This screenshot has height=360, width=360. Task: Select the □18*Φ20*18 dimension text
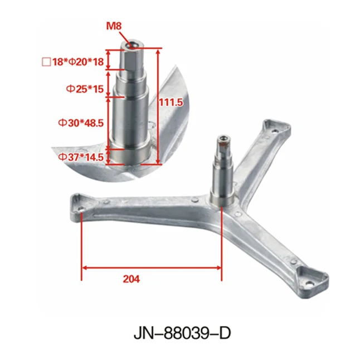(x=73, y=62)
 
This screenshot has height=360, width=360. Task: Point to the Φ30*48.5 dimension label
(x=81, y=122)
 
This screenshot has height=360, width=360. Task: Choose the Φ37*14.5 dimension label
(x=81, y=157)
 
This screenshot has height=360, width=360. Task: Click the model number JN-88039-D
(x=179, y=333)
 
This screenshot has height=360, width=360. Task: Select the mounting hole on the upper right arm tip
(x=274, y=130)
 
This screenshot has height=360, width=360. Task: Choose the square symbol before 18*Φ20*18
(x=46, y=62)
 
